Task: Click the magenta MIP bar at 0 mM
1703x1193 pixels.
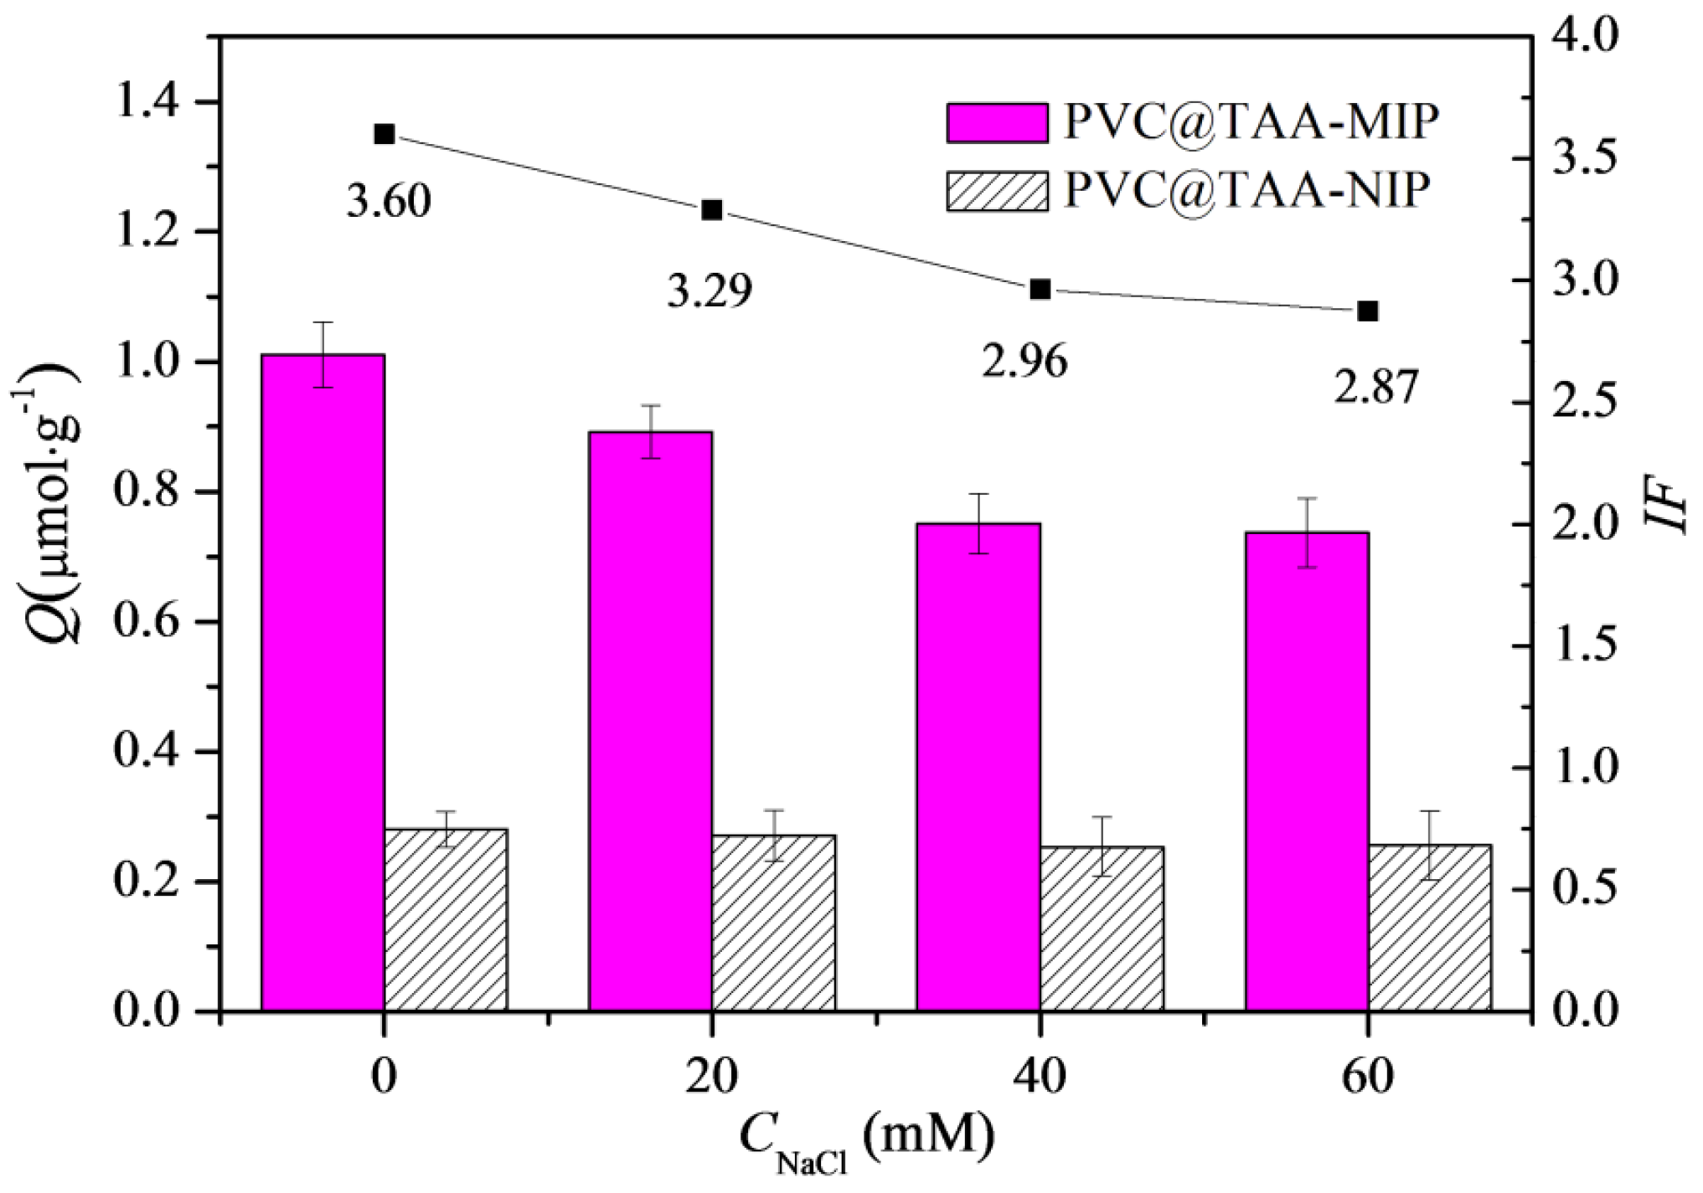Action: [323, 682]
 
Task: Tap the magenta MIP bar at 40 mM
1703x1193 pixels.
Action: [978, 766]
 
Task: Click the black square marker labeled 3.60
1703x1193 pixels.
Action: [384, 134]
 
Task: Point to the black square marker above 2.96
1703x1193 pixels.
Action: [1040, 290]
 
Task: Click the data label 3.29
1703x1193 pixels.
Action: [710, 291]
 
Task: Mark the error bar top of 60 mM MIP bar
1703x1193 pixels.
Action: [1307, 498]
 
